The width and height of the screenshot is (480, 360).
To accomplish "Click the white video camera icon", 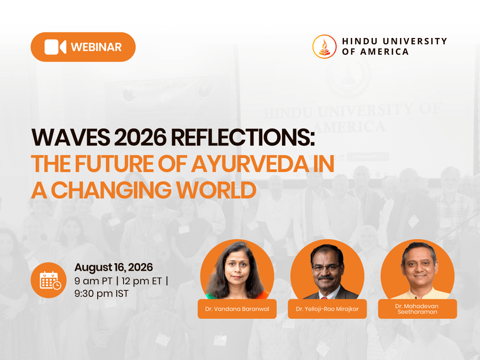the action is [x=55, y=47].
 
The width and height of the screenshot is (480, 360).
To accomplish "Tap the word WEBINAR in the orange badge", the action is [x=96, y=47].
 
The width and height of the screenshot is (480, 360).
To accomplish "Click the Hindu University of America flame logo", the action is [x=324, y=46].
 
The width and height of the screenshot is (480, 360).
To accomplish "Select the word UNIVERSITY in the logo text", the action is [x=415, y=41].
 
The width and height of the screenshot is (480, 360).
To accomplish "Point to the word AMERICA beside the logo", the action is [x=384, y=52].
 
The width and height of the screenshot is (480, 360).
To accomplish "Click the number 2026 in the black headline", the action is [x=140, y=138].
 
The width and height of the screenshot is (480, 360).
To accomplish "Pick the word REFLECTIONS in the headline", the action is [x=243, y=138].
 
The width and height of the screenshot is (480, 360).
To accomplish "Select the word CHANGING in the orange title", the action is [x=111, y=190].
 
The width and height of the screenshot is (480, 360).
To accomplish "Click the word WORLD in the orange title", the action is [x=216, y=190].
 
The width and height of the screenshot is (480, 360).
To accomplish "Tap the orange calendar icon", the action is [x=48, y=280].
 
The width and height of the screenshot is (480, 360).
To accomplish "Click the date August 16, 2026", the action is [x=114, y=268].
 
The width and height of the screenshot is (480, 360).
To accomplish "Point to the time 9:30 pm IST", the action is [x=102, y=294].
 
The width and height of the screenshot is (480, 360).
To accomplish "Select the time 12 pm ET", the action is [x=142, y=281].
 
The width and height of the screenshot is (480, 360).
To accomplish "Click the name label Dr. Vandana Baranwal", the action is [x=237, y=309].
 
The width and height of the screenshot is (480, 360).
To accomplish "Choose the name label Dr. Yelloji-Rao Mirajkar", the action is [x=327, y=309].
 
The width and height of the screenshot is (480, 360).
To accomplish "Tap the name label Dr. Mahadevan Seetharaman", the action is [x=418, y=309].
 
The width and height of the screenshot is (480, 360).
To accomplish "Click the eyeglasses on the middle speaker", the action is [x=326, y=268].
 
